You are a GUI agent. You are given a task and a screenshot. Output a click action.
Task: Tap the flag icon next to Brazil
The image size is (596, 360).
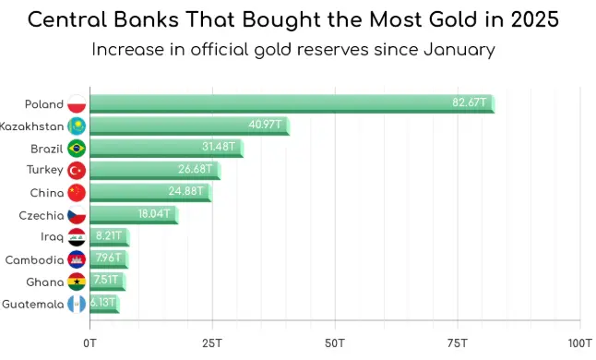click(77, 148)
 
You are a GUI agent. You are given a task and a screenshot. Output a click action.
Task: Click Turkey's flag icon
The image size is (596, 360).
click(77, 170)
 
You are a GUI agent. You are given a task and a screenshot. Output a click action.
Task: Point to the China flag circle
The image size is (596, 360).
click(77, 193)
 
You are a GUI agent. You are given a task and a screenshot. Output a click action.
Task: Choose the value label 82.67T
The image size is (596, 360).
click(469, 102)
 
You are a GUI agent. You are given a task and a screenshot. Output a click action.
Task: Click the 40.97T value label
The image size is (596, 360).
click(266, 125)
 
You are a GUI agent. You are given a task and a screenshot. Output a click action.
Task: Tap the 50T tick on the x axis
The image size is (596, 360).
click(335, 343)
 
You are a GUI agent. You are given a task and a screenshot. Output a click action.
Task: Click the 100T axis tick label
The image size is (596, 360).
click(579, 343)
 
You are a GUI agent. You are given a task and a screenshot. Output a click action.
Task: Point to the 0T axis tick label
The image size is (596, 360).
click(89, 343)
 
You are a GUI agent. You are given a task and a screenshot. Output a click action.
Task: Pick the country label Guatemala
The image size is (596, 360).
click(32, 304)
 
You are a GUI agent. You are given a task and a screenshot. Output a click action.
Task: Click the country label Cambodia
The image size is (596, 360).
click(34, 259)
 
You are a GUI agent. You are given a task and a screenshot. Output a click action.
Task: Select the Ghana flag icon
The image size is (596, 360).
click(77, 282)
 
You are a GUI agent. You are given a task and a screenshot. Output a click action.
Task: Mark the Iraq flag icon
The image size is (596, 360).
click(77, 237)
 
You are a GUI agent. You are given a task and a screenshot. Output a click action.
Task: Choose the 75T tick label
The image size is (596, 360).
click(458, 343)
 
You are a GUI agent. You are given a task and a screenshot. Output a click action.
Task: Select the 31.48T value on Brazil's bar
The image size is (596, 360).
click(220, 148)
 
